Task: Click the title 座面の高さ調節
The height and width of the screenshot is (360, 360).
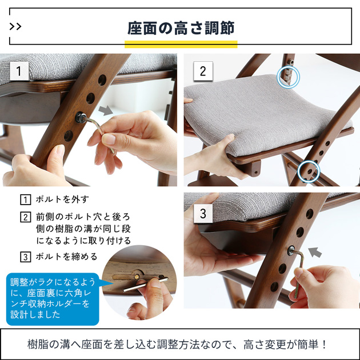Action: click(x=180, y=27)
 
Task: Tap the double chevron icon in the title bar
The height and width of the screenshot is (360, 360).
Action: click(x=16, y=26)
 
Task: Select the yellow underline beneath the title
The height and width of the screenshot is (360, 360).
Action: click(x=180, y=44)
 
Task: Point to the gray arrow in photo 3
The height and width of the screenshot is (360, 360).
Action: click(x=314, y=251)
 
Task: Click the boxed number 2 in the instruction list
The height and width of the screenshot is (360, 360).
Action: click(x=25, y=217)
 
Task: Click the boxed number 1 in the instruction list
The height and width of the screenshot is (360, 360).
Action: click(x=25, y=199)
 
